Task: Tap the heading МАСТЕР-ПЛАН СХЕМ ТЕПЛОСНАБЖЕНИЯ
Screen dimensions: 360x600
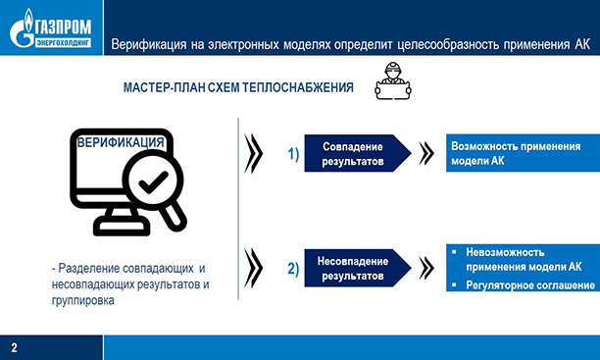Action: pos(238,88)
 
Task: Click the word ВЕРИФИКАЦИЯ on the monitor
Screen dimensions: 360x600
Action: pos(121,143)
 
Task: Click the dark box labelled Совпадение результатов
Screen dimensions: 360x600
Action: pos(354,153)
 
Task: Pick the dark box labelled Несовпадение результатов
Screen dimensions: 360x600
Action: pos(354,269)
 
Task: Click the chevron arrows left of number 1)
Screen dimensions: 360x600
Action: pos(253,153)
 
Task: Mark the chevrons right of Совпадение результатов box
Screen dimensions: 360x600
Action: pos(426,153)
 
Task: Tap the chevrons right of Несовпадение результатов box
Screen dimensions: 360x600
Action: pos(426,268)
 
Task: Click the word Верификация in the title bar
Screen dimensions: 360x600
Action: pos(151,45)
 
